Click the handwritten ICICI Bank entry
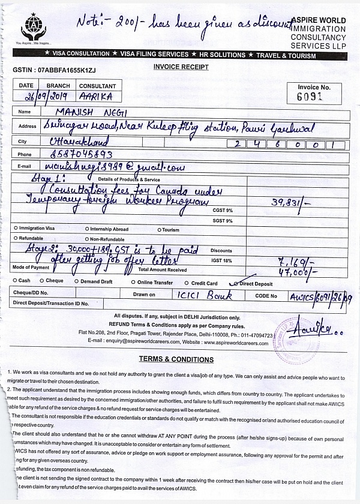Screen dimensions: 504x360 [x=211, y=295]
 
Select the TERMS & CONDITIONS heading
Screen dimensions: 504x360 [x=176, y=359]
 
